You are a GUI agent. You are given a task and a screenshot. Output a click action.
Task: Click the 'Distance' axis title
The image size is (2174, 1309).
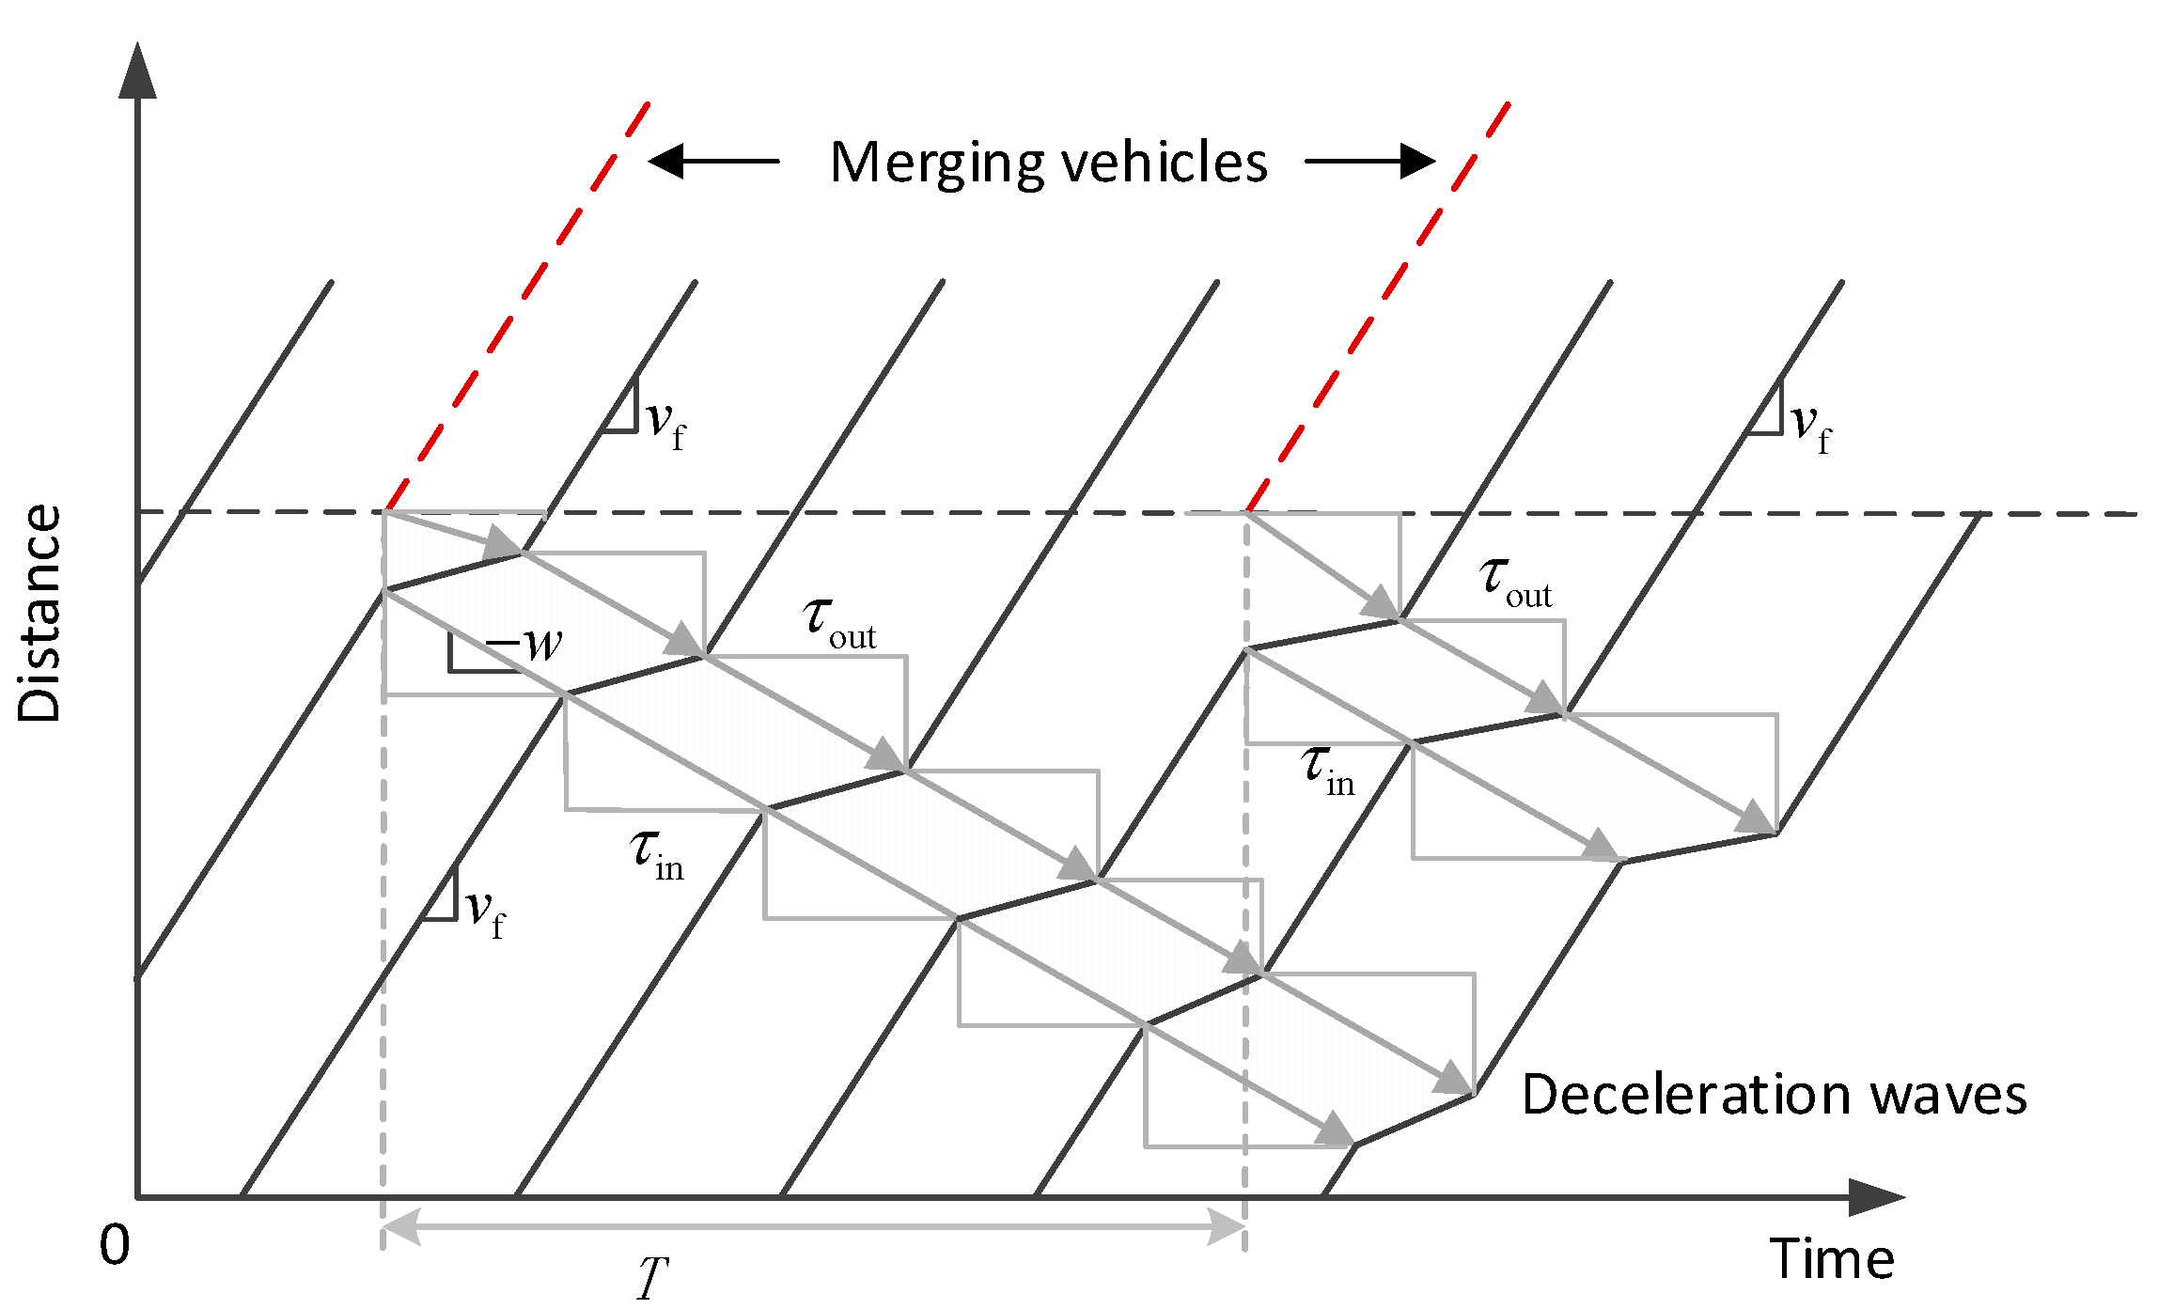click(39, 613)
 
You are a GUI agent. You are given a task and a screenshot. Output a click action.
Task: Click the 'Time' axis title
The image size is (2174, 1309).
click(1831, 1259)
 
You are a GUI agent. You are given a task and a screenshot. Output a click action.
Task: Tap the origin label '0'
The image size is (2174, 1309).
click(115, 1246)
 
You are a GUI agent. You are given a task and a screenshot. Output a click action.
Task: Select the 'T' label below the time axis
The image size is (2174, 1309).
click(652, 1279)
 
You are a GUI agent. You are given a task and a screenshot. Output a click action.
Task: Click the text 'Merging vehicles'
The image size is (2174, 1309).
click(1048, 163)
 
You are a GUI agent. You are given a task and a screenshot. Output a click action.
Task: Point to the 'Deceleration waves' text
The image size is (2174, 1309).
click(1774, 1096)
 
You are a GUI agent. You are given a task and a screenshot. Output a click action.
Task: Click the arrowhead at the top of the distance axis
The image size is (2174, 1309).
click(137, 70)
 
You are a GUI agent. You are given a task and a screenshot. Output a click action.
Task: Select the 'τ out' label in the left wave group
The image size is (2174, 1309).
click(839, 623)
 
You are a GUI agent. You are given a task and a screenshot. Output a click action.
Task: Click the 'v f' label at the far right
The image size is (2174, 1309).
click(1810, 428)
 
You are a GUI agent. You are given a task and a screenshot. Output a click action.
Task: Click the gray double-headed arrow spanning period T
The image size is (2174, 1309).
click(813, 1227)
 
